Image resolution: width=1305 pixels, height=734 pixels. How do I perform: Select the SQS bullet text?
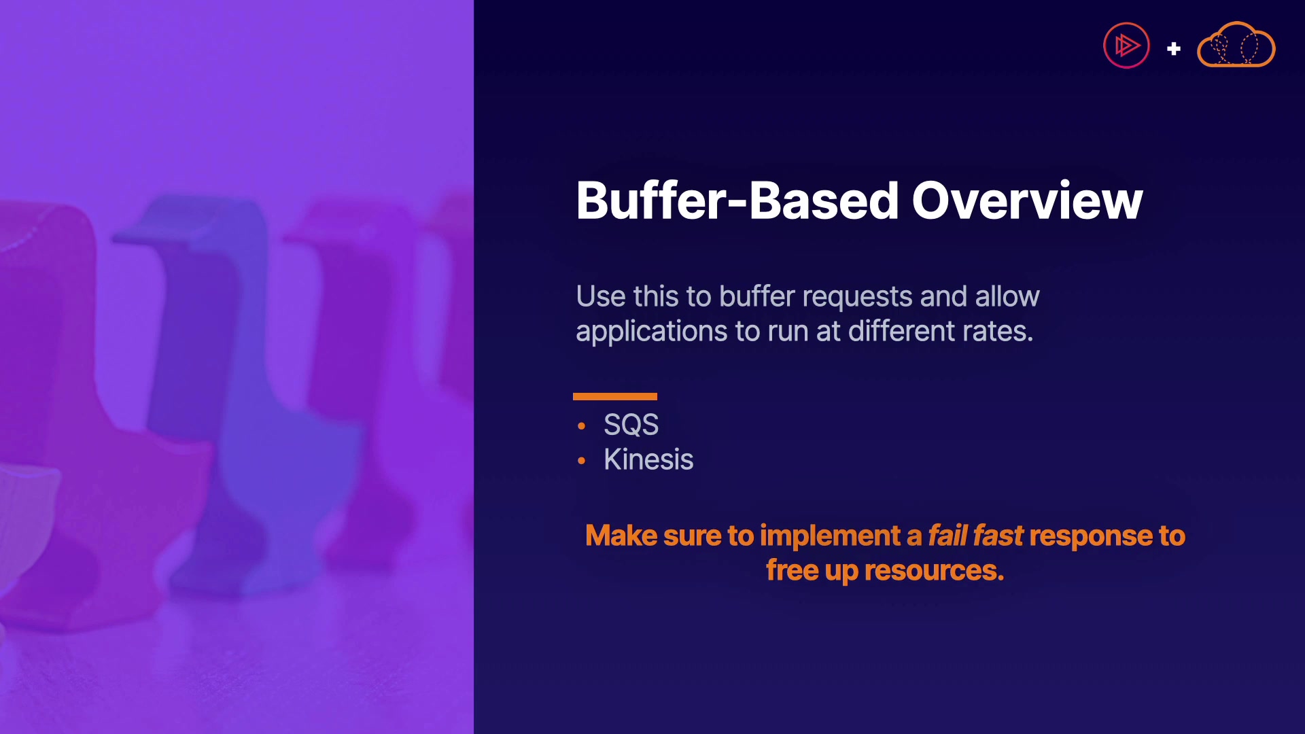631,425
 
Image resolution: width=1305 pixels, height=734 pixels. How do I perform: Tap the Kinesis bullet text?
648,459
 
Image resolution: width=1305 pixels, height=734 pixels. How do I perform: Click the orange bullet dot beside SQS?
581,426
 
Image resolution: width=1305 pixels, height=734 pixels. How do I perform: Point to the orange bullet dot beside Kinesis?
581,461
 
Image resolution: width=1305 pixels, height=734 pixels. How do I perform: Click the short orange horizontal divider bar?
615,396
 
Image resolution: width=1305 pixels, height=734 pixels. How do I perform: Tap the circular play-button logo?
1126,46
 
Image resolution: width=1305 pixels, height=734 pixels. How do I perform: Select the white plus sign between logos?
1174,49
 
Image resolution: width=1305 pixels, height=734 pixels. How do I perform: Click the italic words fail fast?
975,536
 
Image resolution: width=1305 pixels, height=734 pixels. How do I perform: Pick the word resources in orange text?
934,571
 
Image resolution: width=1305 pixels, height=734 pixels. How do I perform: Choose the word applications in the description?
652,332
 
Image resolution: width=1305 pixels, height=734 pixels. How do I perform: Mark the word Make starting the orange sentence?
621,536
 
